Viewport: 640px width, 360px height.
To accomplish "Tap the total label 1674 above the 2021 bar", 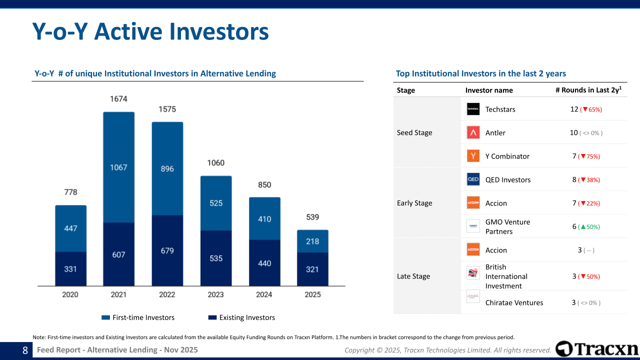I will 118,99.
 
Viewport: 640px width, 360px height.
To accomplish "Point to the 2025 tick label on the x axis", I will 312,294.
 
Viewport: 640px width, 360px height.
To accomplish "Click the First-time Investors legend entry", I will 138,317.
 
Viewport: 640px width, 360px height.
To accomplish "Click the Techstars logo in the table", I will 473,109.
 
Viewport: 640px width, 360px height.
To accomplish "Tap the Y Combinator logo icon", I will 473,156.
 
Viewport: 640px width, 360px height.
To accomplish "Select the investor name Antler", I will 495,132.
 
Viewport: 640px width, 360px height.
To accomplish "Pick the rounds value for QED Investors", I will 574,179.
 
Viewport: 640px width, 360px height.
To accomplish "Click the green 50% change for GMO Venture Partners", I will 589,227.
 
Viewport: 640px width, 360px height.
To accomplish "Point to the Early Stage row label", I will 414,203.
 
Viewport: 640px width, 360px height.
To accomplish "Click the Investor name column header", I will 489,90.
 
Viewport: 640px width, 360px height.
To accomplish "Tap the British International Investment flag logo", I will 473,273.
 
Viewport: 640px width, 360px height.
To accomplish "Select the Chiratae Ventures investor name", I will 514,302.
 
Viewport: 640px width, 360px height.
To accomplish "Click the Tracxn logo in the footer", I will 597,349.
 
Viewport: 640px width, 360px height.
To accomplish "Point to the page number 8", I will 25,350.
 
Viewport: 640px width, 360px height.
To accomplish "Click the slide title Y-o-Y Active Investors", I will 150,31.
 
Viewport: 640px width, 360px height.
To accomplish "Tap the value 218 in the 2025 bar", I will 312,241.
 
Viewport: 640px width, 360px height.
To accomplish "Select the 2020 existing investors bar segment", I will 70,269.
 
